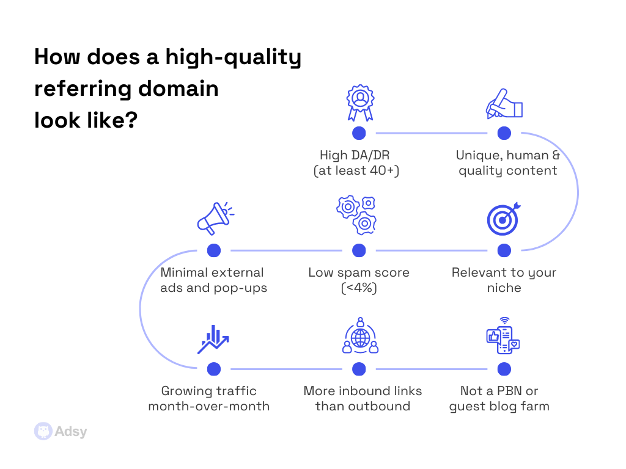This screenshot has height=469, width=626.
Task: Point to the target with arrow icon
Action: coord(503,219)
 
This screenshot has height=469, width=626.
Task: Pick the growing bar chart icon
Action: coord(213,340)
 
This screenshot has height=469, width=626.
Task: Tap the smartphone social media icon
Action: coord(503,336)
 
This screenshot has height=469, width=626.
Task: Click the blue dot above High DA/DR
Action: coord(359,133)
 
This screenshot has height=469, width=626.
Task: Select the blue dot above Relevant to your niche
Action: coord(504,250)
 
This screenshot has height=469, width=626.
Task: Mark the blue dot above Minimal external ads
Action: coord(214,250)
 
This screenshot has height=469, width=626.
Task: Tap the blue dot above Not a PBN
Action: coord(504,369)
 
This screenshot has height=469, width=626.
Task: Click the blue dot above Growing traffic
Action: coord(214,369)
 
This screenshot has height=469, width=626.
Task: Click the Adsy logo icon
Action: coord(42,431)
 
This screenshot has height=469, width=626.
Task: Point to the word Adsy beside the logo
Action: coord(71,432)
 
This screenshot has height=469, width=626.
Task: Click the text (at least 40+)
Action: coord(356,170)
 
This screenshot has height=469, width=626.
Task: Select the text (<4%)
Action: coord(359,288)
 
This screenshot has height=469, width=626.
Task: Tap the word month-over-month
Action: coord(208,406)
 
